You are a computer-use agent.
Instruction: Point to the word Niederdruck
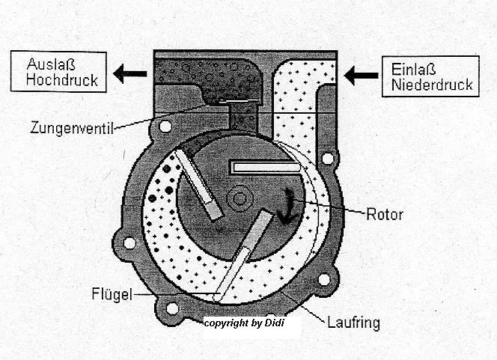pos(432,85)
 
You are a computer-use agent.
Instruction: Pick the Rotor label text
pos(385,215)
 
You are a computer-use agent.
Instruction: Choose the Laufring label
pos(353,323)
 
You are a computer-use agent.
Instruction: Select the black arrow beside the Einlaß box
pos(360,75)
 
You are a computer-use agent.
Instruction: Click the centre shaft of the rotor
pos(240,198)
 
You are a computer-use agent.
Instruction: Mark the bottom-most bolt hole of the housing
pos(172,308)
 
